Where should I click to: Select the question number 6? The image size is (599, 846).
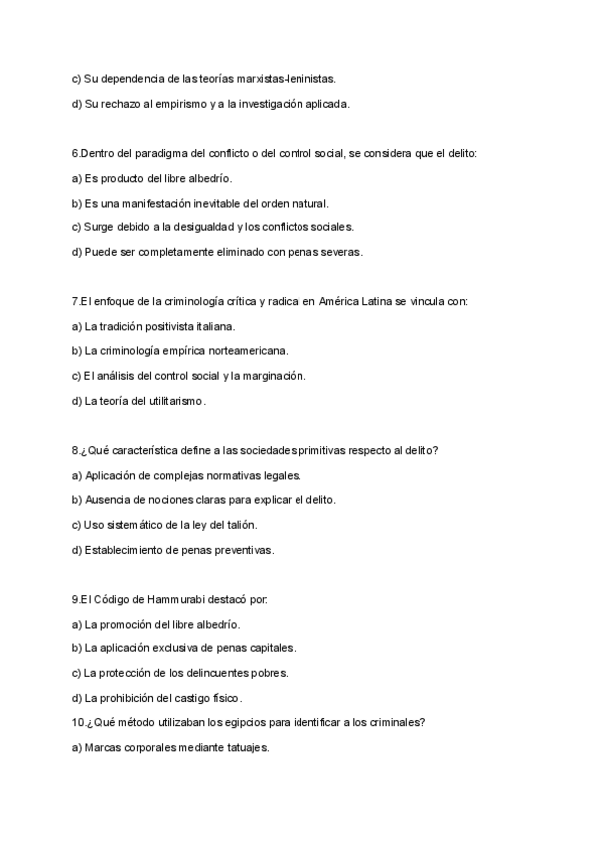pyautogui.click(x=75, y=153)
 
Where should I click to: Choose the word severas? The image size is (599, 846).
pyautogui.click(x=339, y=251)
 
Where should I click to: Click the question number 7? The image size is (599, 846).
pyautogui.click(x=75, y=300)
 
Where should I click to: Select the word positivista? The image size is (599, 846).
pyautogui.click(x=165, y=325)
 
